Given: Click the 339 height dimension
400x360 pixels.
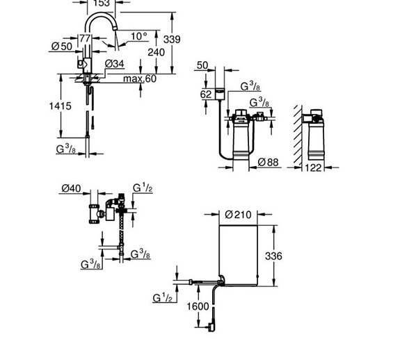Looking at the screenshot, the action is [172, 40].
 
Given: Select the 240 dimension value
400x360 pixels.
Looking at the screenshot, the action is [156, 52].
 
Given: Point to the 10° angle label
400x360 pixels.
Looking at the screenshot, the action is [139, 36].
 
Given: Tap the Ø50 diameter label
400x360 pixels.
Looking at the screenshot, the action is [62, 47].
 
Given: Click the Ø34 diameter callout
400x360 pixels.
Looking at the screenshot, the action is [115, 64].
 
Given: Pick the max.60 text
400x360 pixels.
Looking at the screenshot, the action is [140, 79].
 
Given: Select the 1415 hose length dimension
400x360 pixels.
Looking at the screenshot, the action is [61, 106].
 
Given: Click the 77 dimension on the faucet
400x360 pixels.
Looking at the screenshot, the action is [85, 39].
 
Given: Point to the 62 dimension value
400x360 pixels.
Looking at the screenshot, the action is [206, 95].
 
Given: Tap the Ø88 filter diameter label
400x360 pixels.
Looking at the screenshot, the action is [268, 162].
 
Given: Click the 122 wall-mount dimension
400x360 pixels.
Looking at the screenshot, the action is [313, 168].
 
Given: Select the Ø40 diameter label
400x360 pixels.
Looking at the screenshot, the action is [71, 188].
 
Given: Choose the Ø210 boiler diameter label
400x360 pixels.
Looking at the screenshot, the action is [239, 215].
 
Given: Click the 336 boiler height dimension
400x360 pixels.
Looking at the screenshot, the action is [273, 256].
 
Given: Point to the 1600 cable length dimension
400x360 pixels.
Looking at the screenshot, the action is [198, 306].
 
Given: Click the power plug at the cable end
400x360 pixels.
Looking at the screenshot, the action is [211, 327].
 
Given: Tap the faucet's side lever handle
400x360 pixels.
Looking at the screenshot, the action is [81, 64].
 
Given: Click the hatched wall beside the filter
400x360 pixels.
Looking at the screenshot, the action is [298, 135].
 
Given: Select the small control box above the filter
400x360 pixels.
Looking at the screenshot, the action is [220, 94].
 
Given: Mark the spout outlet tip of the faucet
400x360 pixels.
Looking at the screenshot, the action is [115, 29].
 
